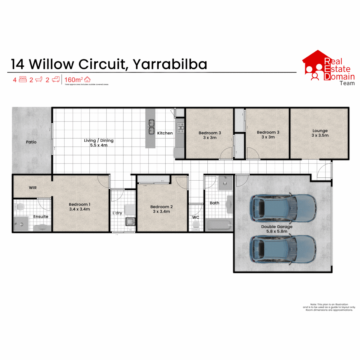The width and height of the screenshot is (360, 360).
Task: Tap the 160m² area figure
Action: coord(73,80)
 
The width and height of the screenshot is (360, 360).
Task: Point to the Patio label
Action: coord(31,142)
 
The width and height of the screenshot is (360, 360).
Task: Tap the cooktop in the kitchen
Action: coord(180,126)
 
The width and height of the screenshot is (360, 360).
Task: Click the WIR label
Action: coord(33,188)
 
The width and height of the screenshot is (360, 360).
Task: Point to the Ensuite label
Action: coord(41,216)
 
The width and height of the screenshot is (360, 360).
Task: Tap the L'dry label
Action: coord(117,213)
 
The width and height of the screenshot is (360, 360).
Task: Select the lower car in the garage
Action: coord(283,249)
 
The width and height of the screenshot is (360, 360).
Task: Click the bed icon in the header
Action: coord(23,80)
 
